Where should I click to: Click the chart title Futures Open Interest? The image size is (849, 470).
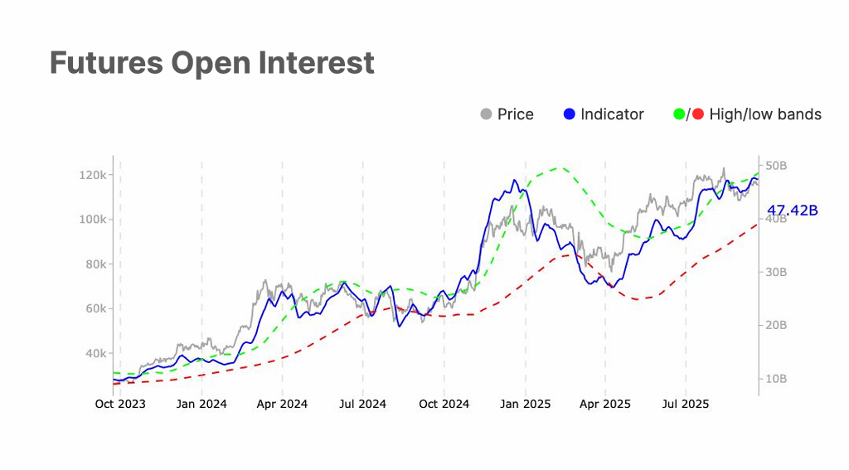[211, 63]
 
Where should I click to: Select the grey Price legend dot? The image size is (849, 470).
[487, 114]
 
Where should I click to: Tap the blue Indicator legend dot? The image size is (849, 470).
[569, 114]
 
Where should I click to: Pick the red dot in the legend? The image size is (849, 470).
[697, 114]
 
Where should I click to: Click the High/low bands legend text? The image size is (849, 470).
[765, 114]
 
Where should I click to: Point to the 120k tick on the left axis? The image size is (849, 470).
[92, 175]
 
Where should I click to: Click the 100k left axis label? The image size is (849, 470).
[92, 220]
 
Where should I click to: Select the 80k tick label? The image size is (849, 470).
[95, 264]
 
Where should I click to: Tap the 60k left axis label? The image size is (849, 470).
[95, 308]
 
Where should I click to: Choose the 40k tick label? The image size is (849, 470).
[95, 353]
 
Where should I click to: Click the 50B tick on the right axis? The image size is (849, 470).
[777, 166]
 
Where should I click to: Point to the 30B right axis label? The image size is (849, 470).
[777, 272]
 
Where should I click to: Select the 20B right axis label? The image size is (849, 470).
[777, 325]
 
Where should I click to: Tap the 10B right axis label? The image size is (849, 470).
[777, 379]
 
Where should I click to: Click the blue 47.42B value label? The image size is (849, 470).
[793, 211]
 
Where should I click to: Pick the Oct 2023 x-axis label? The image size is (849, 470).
[120, 405]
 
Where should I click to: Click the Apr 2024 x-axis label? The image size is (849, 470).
[282, 405]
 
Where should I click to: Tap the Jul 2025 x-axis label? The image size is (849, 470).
[686, 405]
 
